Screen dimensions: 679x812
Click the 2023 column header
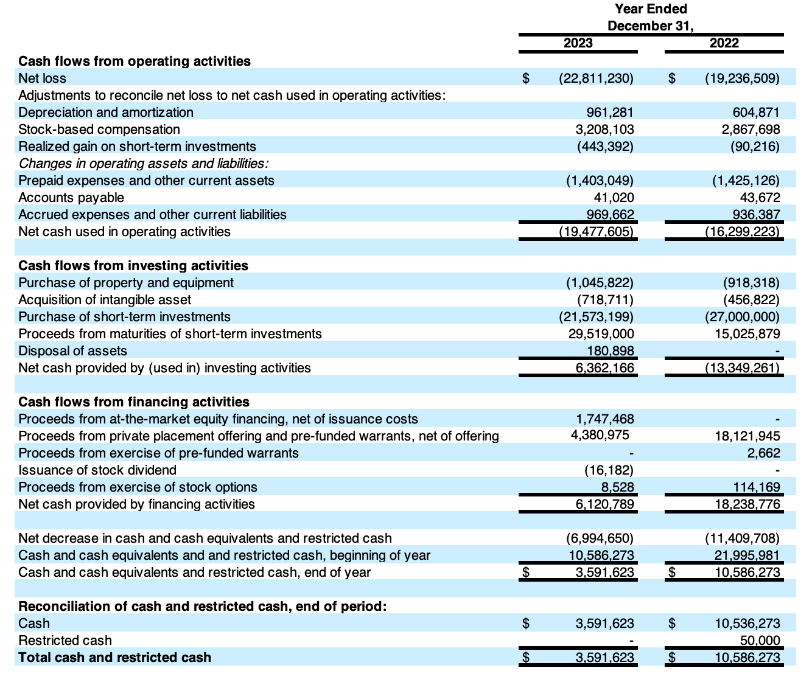[578, 43]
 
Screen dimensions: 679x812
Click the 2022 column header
[724, 43]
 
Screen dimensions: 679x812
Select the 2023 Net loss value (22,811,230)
[596, 78]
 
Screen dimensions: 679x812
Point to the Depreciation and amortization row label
[106, 112]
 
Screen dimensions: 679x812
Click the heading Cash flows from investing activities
[133, 265]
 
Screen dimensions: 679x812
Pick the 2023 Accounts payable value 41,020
[614, 197]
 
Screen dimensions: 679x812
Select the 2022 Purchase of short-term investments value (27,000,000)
[742, 316]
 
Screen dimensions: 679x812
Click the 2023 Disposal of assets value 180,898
[611, 350]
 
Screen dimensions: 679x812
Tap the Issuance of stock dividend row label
[97, 470]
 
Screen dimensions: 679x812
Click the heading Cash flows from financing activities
[134, 402]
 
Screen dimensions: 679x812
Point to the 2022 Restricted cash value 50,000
[760, 640]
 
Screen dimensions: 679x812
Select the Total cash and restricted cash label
[115, 657]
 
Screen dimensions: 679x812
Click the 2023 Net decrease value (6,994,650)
[600, 538]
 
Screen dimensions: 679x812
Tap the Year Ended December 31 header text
[651, 17]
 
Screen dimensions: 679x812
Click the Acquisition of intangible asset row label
[105, 299]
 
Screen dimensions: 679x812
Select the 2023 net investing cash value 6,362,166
[604, 367]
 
